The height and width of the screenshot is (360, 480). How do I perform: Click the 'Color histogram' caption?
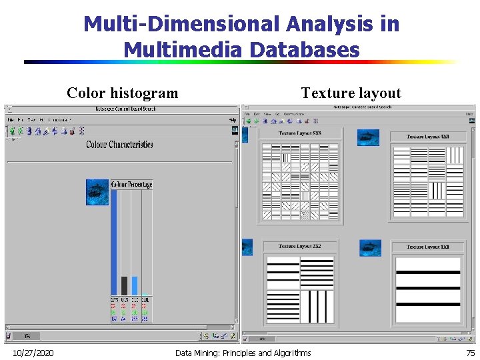click(x=122, y=93)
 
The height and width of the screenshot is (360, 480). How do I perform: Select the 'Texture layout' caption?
click(x=351, y=93)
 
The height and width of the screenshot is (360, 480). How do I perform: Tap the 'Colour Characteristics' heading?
click(x=120, y=144)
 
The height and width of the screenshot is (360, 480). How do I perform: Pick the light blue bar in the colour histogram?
click(x=135, y=286)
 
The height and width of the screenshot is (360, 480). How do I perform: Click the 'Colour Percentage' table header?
click(x=132, y=184)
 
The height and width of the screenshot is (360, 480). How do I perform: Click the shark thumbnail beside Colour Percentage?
click(x=97, y=191)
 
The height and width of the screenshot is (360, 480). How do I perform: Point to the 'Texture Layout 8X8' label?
click(x=300, y=133)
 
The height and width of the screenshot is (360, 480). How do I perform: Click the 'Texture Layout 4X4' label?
click(x=428, y=137)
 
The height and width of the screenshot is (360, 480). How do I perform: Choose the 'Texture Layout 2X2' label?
click(x=300, y=247)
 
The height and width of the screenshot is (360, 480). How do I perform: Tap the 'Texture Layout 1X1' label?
click(x=428, y=247)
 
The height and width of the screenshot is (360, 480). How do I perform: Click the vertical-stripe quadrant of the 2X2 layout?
click(x=317, y=305)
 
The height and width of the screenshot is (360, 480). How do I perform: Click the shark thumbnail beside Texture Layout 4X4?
click(x=368, y=138)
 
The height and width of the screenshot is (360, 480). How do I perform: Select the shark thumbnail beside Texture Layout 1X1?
click(x=370, y=248)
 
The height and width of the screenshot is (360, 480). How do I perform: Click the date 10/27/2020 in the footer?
click(x=33, y=353)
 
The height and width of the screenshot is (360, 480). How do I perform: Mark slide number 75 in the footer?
click(x=470, y=353)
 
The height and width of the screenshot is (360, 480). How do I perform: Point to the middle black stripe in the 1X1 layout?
click(x=428, y=287)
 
